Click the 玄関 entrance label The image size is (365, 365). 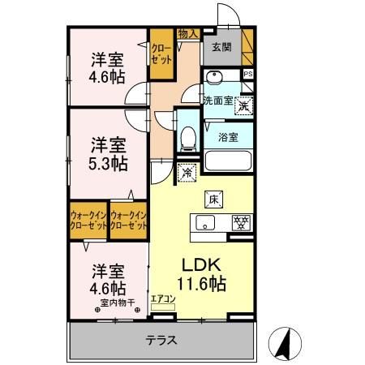(x=221, y=47)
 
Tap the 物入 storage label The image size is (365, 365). (x=187, y=33)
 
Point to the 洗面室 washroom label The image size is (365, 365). (x=217, y=101)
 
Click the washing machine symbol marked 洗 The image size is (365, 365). (x=243, y=103)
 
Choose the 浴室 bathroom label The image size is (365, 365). (x=228, y=137)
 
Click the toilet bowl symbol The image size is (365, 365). (x=187, y=140)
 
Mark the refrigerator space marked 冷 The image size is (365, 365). (x=186, y=171)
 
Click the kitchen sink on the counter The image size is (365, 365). (x=205, y=221)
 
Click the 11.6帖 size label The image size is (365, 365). (x=201, y=285)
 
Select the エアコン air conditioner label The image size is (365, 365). (x=163, y=298)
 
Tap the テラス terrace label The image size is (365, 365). (x=162, y=341)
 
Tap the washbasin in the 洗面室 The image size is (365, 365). (x=215, y=79)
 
